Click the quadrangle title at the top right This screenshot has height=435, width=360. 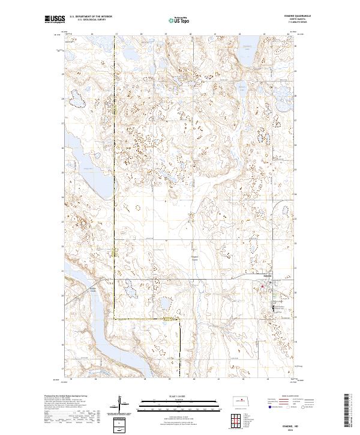289,17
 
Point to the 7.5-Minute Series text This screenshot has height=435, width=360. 289,23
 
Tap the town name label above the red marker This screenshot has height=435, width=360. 268,276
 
